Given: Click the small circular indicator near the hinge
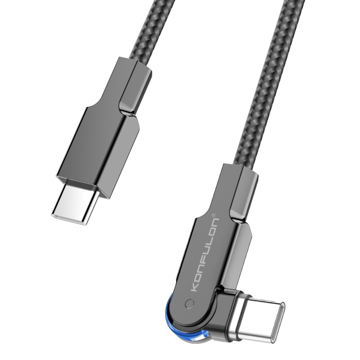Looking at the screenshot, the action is [x=189, y=304].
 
